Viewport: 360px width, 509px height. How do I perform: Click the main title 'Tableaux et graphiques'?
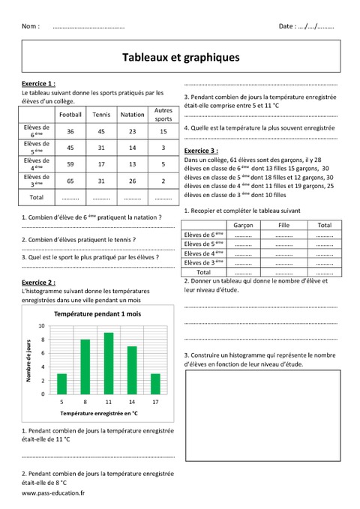coord(180,56)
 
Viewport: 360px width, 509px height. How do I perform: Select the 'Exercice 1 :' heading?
coord(39,83)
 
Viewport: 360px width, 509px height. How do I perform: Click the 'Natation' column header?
coord(132,115)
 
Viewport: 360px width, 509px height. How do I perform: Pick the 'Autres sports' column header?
coord(163,115)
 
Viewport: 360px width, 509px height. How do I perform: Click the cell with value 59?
coord(70,164)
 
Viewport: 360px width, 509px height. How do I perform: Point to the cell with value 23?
coord(132,131)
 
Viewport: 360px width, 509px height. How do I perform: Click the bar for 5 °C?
coord(62,384)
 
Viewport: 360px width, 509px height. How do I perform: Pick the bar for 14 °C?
coord(132,370)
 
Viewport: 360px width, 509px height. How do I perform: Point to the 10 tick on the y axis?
coord(42,326)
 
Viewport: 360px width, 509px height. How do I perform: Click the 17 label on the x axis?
coord(155,403)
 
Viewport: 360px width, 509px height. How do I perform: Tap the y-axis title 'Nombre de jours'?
coord(28,361)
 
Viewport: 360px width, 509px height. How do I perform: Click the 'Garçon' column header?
coord(242,225)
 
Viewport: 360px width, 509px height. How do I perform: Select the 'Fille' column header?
coord(283,225)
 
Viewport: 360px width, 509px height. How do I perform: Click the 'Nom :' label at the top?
coord(31,26)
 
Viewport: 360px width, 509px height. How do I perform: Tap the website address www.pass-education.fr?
coord(53,494)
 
